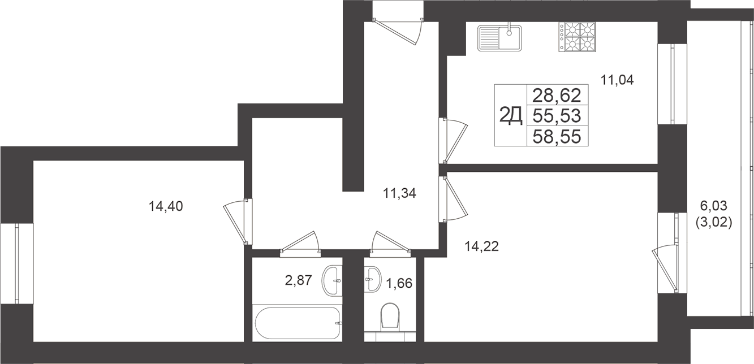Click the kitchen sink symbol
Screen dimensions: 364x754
point(500,38)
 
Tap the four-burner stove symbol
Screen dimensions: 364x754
point(578,36)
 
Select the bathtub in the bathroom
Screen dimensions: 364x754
point(298,323)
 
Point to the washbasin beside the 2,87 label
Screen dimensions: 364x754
point(333,280)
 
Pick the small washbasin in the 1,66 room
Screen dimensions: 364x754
point(373,278)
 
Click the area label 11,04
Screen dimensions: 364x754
point(617,80)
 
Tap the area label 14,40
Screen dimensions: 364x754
point(166,206)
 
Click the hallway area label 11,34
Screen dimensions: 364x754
point(399,194)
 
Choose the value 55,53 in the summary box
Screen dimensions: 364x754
point(557,115)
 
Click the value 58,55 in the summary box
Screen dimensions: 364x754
point(557,136)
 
